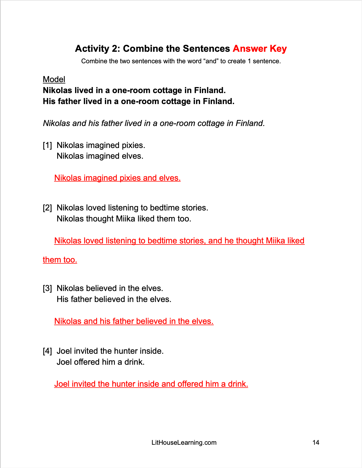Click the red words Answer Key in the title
[259, 49]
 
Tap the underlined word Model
[54, 79]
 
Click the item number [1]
[47, 145]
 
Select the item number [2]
[47, 208]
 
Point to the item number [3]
[47, 288]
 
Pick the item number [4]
[47, 351]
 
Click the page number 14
[316, 443]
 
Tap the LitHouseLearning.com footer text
[184, 443]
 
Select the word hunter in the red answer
[123, 384]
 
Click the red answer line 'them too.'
[60, 260]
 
